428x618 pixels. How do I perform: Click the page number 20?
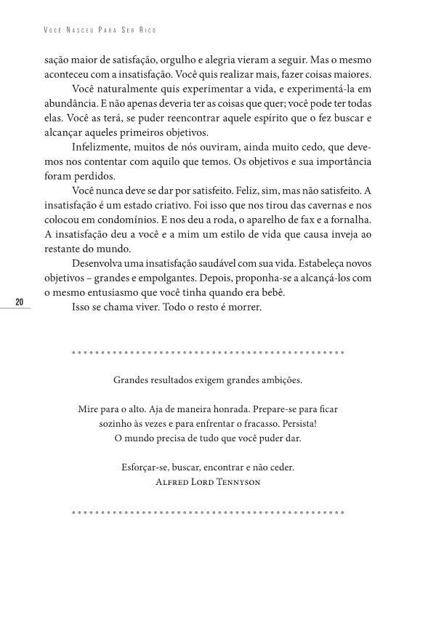pos(20,302)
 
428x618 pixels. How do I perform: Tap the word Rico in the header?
pos(150,31)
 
